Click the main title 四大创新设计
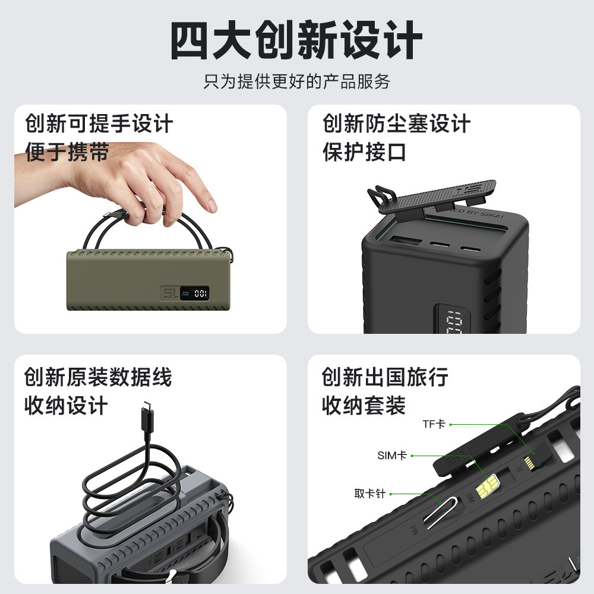pyautogui.click(x=296, y=40)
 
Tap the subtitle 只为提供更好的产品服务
pyautogui.click(x=296, y=81)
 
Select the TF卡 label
pyautogui.click(x=434, y=424)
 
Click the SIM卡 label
pyautogui.click(x=392, y=455)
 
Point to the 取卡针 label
pyautogui.click(x=369, y=494)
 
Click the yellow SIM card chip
pyautogui.click(x=487, y=486)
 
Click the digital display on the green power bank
pyautogui.click(x=194, y=293)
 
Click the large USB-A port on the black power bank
pyautogui.click(x=406, y=241)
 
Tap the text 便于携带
pyautogui.click(x=67, y=152)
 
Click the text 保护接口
pyautogui.click(x=365, y=152)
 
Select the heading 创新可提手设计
pyautogui.click(x=99, y=124)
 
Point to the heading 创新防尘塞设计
pyautogui.click(x=397, y=124)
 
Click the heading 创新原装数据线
pyautogui.click(x=98, y=377)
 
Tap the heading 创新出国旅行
pyautogui.click(x=385, y=377)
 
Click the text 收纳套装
pyautogui.click(x=364, y=405)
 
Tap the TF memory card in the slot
pyautogui.click(x=529, y=462)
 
